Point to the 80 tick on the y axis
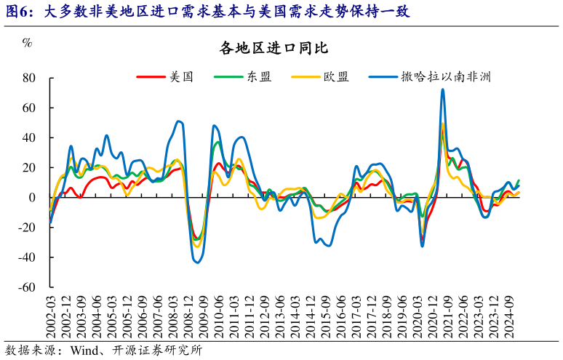(x=30, y=78)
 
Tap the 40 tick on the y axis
(x=30, y=138)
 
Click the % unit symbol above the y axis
(x=27, y=42)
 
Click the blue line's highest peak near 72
(x=442, y=90)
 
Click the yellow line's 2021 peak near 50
(x=443, y=123)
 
